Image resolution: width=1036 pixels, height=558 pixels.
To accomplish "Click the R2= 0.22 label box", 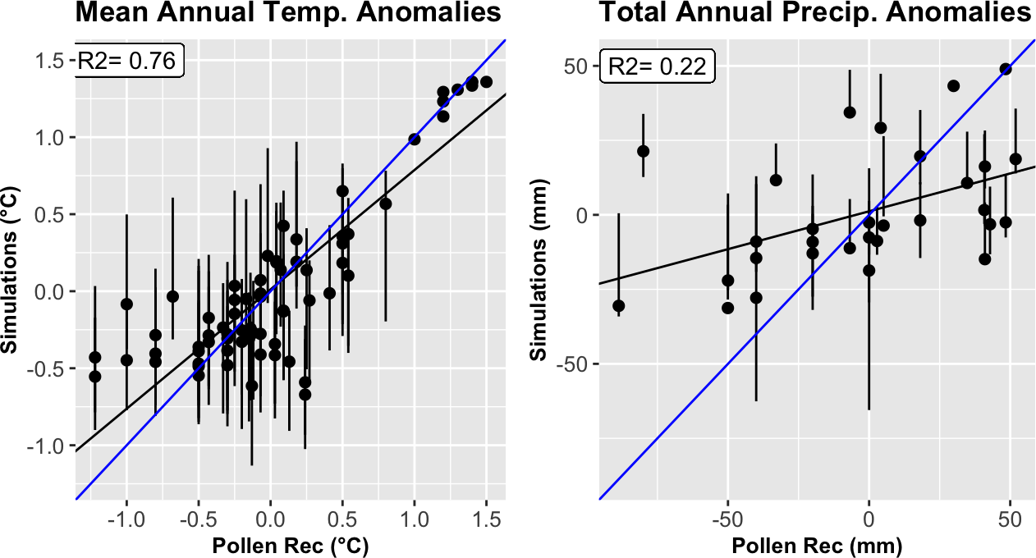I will tap(659, 66).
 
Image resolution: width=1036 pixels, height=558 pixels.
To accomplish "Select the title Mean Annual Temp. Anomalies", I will tap(288, 13).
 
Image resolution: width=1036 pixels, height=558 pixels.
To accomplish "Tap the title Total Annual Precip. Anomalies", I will tap(814, 13).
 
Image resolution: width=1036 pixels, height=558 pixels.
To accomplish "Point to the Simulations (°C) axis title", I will tap(11, 270).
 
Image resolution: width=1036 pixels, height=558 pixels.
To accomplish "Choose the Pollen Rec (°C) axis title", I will tap(289, 546).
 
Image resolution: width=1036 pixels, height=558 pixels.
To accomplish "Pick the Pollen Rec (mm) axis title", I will tap(816, 546).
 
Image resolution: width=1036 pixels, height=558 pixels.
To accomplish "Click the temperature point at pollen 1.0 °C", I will tap(415, 139).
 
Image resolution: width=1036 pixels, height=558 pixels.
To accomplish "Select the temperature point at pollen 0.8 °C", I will tap(386, 204).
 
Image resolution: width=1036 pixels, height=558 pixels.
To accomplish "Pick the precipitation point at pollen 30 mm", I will tap(953, 86).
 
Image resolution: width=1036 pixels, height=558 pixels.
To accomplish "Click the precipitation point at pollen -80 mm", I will tap(644, 151).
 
